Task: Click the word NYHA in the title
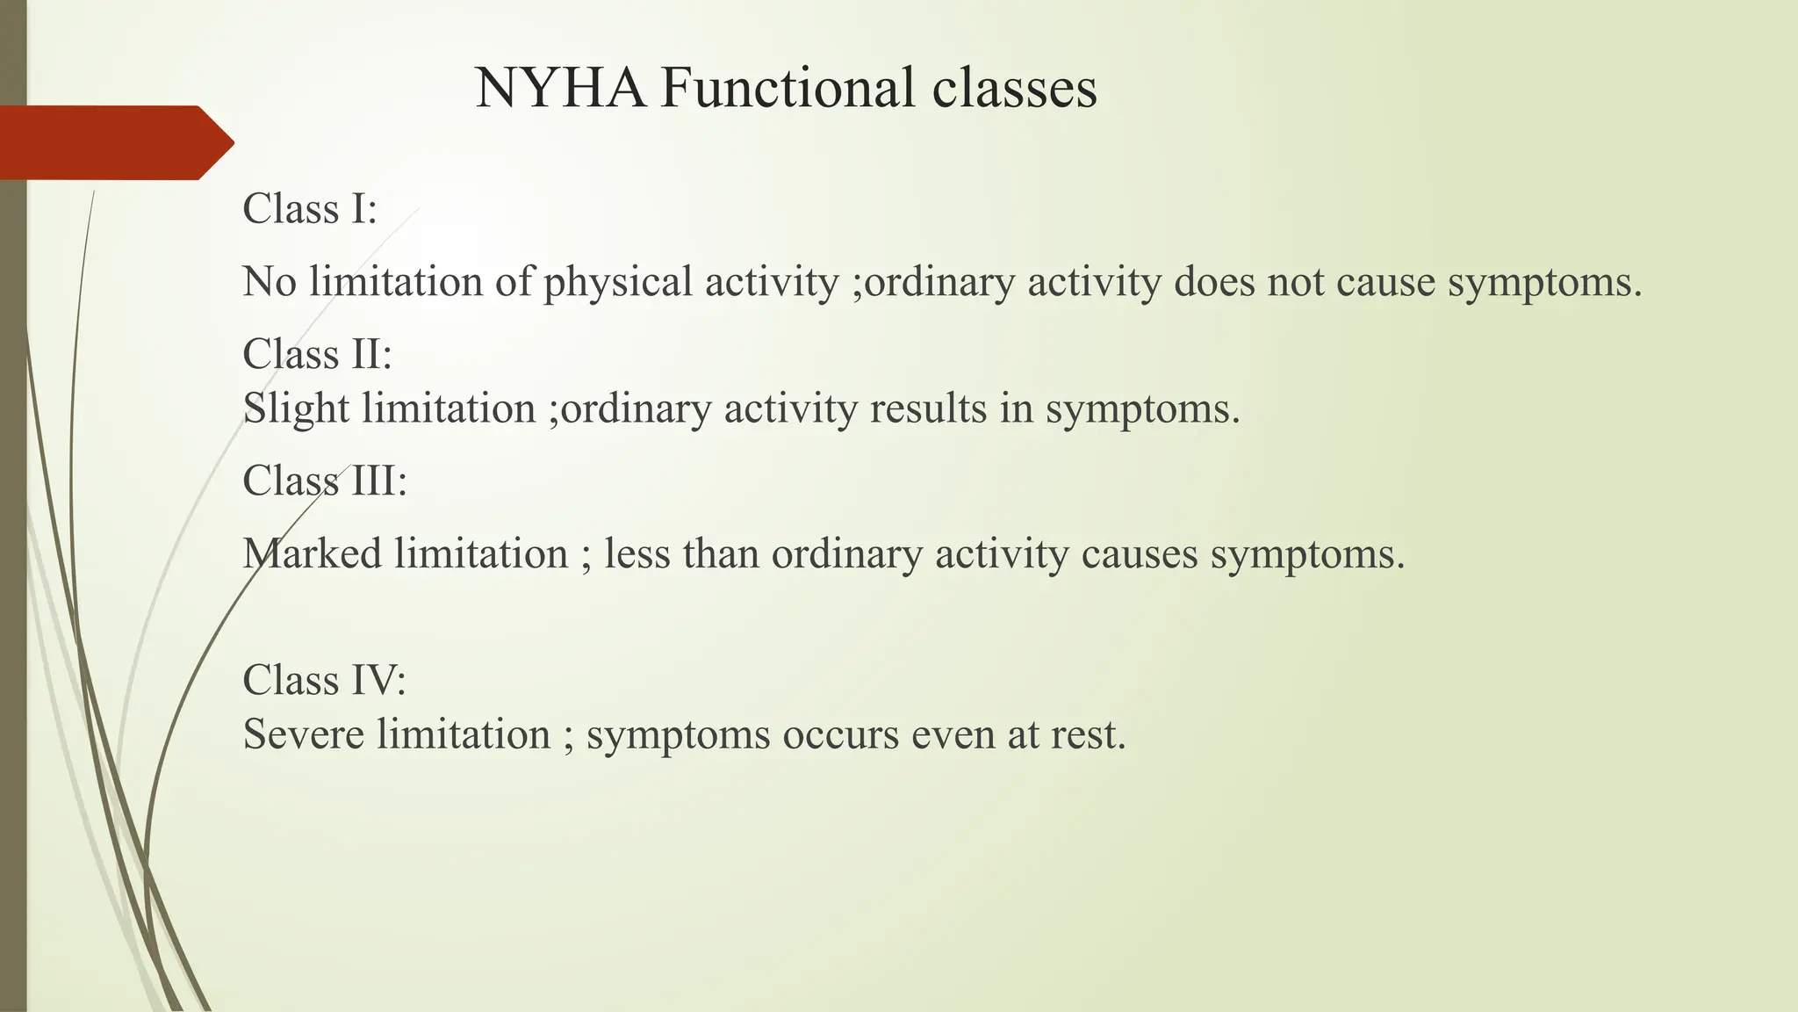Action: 559,88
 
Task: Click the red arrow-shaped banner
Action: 114,142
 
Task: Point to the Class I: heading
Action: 309,209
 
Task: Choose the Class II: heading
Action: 317,354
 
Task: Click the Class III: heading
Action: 325,481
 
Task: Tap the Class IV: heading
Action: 324,680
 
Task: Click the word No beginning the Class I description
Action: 269,282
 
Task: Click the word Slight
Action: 296,409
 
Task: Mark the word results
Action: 928,409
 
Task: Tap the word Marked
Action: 312,554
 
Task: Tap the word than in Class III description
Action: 721,554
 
